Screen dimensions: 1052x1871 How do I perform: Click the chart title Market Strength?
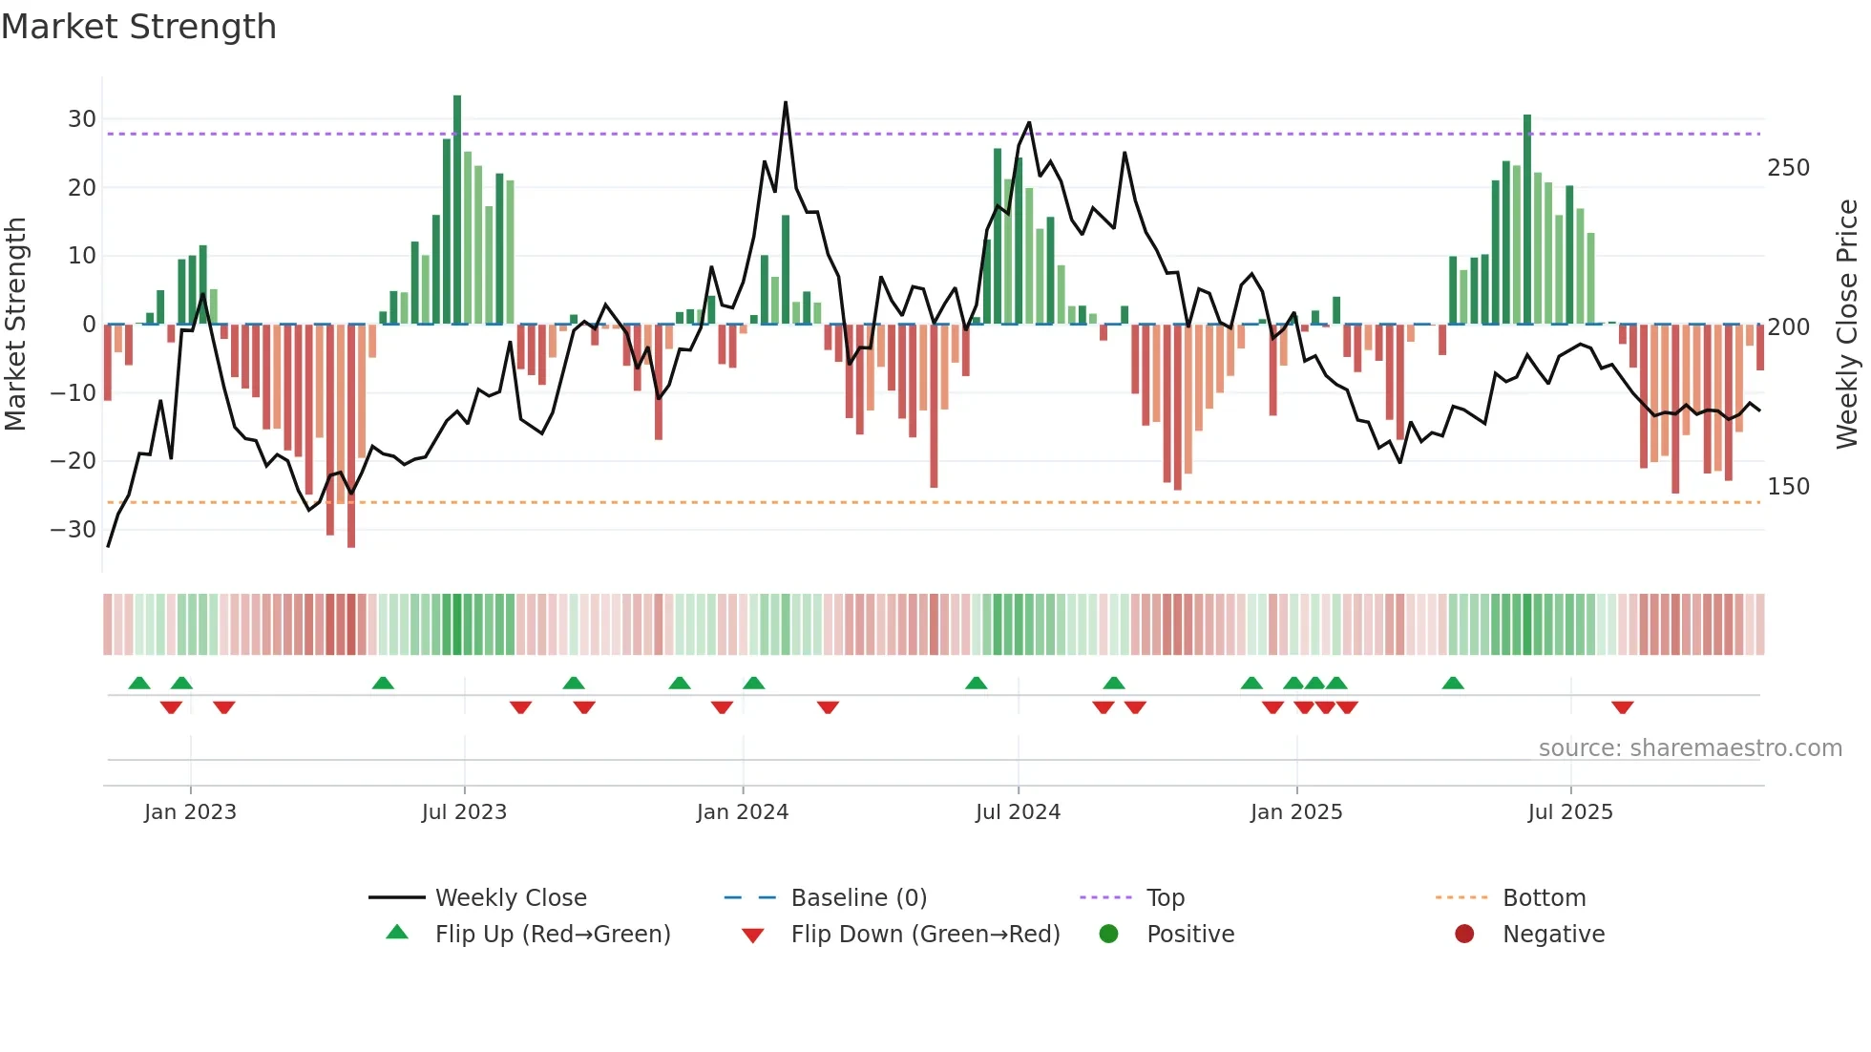click(x=138, y=27)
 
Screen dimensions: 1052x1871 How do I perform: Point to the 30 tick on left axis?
click(x=82, y=119)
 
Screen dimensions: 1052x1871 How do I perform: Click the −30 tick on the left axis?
click(x=74, y=529)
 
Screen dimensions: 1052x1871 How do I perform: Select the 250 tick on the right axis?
click(x=1788, y=168)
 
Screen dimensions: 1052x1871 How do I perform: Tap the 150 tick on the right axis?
click(x=1788, y=487)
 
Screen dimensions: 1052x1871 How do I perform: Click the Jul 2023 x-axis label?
click(x=464, y=812)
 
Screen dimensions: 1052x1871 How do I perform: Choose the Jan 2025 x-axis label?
click(x=1295, y=812)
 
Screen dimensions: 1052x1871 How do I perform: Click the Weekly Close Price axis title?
click(x=1847, y=325)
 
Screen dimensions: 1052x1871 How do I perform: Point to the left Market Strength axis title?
click(x=15, y=325)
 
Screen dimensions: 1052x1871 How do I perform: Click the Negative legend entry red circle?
click(x=1464, y=934)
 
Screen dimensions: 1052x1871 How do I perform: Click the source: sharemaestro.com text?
click(x=1690, y=748)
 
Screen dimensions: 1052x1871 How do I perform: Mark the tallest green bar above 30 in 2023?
click(x=457, y=210)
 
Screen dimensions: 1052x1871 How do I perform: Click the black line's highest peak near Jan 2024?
click(x=786, y=103)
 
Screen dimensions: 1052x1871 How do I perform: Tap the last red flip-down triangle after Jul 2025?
click(x=1622, y=707)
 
